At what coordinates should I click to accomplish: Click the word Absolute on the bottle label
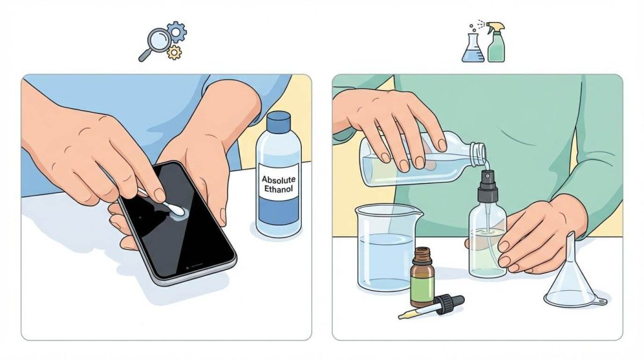[x=279, y=179]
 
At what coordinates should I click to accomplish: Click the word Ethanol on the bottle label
[x=279, y=189]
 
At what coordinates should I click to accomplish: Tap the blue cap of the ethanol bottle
[x=279, y=121]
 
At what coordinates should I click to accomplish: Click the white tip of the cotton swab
[x=177, y=210]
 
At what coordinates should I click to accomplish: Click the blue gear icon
[x=177, y=32]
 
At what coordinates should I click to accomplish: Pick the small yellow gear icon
[x=174, y=52]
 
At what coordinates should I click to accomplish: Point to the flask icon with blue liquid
[x=473, y=48]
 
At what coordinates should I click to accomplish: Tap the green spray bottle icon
[x=496, y=42]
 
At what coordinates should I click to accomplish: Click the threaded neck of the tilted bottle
[x=478, y=154]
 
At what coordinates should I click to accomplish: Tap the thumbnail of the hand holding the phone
[x=223, y=216]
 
